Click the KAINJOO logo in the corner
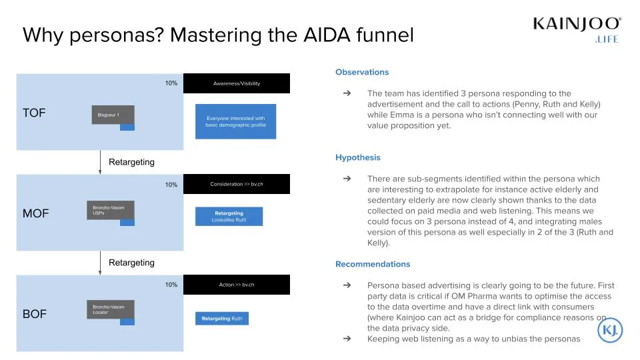[x=577, y=29]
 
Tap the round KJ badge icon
[x=610, y=330]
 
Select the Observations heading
[x=361, y=72]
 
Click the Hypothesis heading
[x=357, y=157]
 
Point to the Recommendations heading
[x=373, y=264]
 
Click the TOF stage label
[x=34, y=113]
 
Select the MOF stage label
[x=35, y=213]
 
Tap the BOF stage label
[x=34, y=314]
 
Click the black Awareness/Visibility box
[x=237, y=83]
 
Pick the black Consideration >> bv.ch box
[x=237, y=184]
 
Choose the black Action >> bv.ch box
[x=237, y=285]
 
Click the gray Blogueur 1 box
[x=113, y=115]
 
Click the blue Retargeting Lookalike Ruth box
[x=229, y=216]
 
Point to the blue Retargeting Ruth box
[x=222, y=319]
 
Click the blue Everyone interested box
[x=235, y=121]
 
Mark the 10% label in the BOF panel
[x=171, y=285]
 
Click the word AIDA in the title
[x=327, y=35]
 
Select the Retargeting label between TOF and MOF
[x=131, y=162]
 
